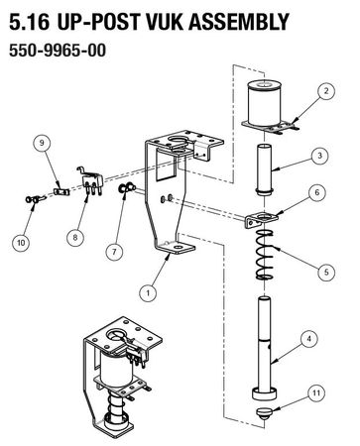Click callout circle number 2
(326, 91)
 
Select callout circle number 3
(319, 156)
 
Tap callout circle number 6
(317, 192)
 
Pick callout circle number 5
(326, 272)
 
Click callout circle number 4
(309, 339)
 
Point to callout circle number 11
(316, 393)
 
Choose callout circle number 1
(148, 292)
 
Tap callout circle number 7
(114, 252)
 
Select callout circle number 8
(75, 237)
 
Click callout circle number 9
(42, 143)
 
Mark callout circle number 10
(21, 243)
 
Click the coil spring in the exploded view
(265, 255)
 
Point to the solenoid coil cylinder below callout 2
(265, 103)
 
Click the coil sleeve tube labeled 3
(265, 169)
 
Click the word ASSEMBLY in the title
(239, 22)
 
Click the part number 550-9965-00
(58, 51)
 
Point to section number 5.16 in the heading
(30, 22)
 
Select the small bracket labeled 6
(261, 219)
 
